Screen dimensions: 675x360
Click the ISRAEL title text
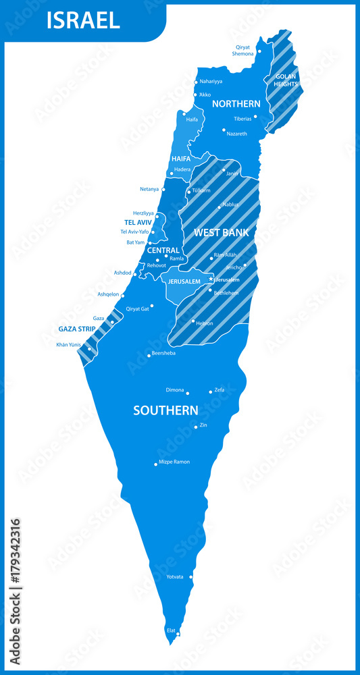pos(83,20)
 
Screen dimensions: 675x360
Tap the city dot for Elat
pos(178,634)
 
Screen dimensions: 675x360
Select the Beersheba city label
pos(163,353)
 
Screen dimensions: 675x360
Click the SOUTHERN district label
pos(165,410)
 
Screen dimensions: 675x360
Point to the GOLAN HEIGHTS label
pos(286,80)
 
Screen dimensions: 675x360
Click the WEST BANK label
pos(221,232)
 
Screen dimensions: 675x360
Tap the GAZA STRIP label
pos(76,329)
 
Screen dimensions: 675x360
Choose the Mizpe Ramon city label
pos(174,462)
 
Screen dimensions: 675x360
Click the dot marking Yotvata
pos(191,577)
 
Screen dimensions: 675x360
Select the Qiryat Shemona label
pos(243,51)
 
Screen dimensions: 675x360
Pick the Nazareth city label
pos(237,134)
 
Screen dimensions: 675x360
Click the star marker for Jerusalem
pos(211,279)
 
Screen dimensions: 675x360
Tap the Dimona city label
pos(175,390)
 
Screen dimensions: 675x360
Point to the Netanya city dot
pos(163,190)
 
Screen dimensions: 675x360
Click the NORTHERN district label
pos(236,104)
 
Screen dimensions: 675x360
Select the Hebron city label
pos(205,323)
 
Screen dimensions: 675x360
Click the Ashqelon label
pos(108,294)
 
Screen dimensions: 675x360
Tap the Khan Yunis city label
pos(68,345)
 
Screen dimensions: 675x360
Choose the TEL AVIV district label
pos(138,222)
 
